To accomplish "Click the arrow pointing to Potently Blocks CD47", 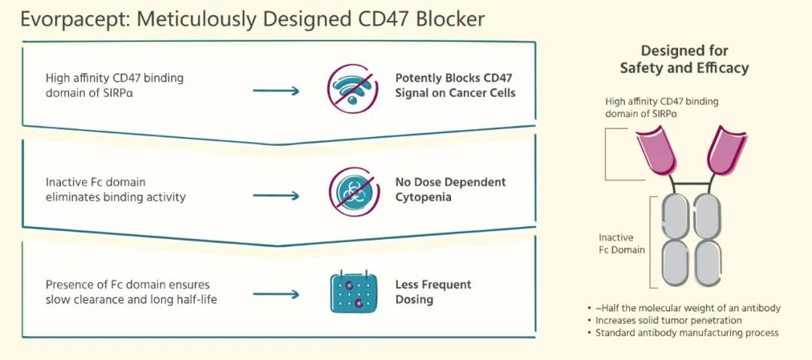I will [x=276, y=91].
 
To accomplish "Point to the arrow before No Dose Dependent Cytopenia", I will [x=276, y=195].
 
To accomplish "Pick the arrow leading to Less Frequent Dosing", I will [x=276, y=293].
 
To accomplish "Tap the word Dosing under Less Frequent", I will [x=414, y=299].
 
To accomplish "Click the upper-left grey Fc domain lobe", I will [x=675, y=216].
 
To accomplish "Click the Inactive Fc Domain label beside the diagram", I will [x=622, y=243].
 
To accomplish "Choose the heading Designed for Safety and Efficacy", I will [x=684, y=59].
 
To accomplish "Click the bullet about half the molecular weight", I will [x=688, y=308].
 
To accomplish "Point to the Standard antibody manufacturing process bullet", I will [x=686, y=332].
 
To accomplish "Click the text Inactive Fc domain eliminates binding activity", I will [x=115, y=189].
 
